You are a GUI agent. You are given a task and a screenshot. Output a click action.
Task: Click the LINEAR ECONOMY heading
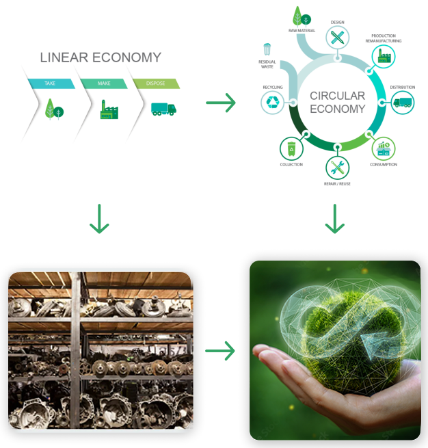pyautogui.click(x=101, y=57)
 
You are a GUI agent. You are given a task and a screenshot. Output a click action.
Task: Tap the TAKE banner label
pyautogui.click(x=50, y=83)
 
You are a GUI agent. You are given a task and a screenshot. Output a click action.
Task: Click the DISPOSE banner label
pyautogui.click(x=155, y=83)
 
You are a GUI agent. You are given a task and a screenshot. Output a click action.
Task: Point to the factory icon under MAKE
pyautogui.click(x=109, y=109)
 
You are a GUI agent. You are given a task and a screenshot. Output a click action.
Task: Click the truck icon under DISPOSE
pyautogui.click(x=163, y=109)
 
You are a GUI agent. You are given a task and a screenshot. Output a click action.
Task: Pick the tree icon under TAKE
pyautogui.click(x=54, y=109)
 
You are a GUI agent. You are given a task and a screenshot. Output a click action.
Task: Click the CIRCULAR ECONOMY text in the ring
pyautogui.click(x=337, y=103)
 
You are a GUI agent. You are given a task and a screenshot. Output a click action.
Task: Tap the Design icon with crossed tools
pyautogui.click(x=337, y=37)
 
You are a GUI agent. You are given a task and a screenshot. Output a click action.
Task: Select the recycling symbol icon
pyautogui.click(x=273, y=103)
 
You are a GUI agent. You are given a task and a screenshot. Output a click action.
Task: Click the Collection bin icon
pyautogui.click(x=292, y=148)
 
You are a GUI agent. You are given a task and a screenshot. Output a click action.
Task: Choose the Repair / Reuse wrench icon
pyautogui.click(x=337, y=167)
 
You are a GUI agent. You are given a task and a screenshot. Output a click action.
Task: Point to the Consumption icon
pyautogui.click(x=383, y=148)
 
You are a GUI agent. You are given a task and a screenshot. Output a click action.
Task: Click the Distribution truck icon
pyautogui.click(x=402, y=103)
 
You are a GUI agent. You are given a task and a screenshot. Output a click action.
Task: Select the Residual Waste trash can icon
pyautogui.click(x=267, y=49)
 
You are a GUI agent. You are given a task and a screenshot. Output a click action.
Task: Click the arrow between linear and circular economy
pyautogui.click(x=220, y=103)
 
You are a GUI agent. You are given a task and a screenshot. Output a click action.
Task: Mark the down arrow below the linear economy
pyautogui.click(x=99, y=219)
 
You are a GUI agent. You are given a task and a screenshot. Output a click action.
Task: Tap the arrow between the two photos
pyautogui.click(x=220, y=351)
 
